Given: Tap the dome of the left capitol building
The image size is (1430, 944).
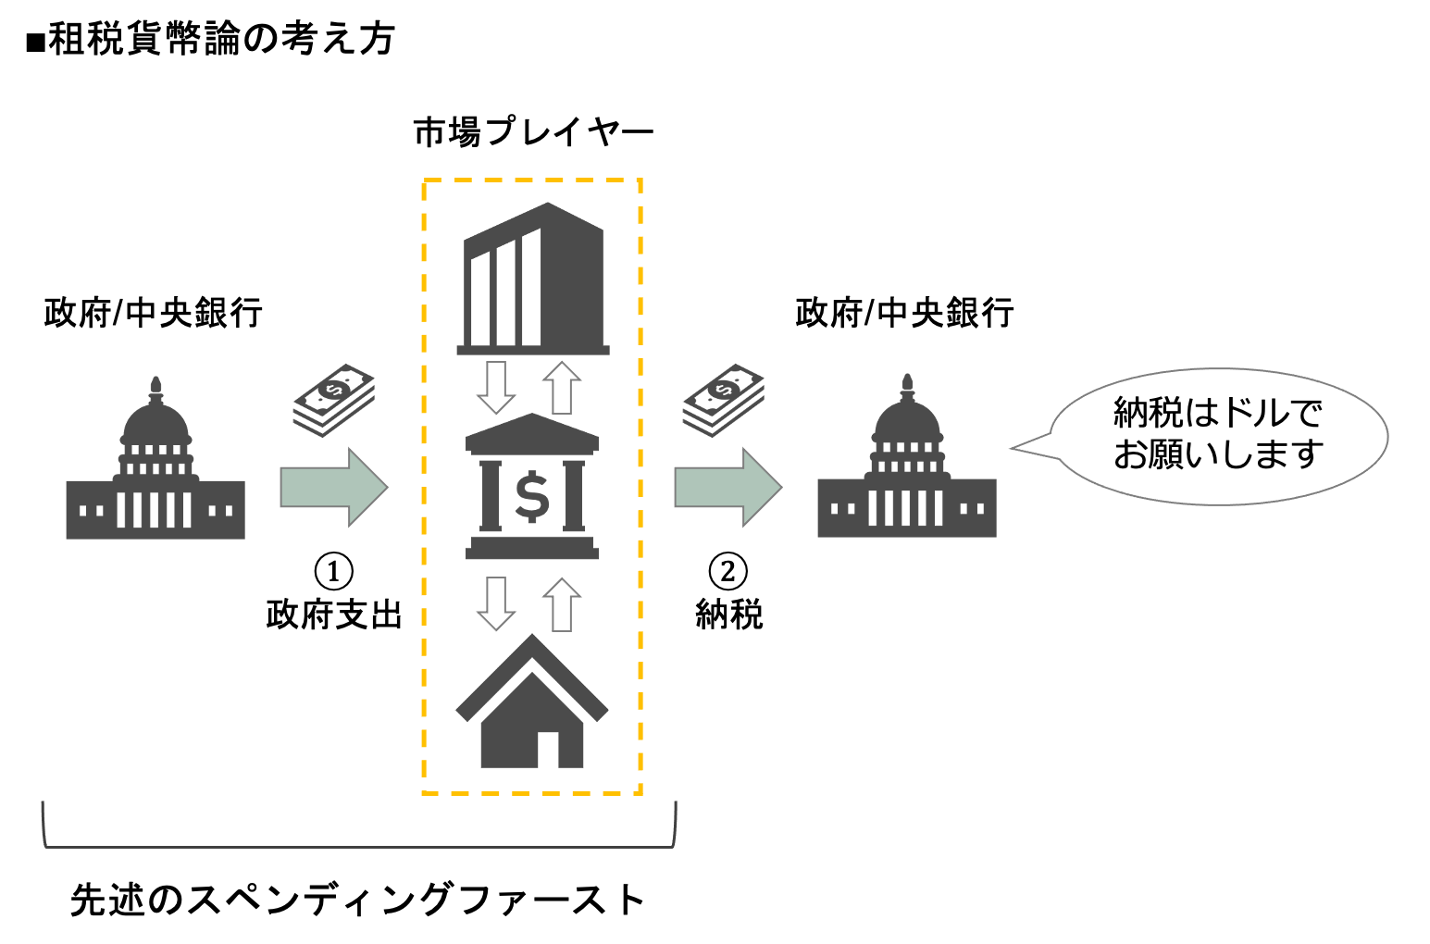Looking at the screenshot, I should coord(155,421).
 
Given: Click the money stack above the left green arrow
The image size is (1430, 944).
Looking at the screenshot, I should coord(334,400).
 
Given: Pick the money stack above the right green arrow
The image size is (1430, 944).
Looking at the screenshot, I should coord(724,400).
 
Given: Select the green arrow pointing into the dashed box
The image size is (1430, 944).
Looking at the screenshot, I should coord(333,487).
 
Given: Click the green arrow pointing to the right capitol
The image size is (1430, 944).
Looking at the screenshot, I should coord(727,487).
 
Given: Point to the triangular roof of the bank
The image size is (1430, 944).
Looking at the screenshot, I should coord(532,432).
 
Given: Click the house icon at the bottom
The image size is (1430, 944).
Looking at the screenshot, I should coord(532,708).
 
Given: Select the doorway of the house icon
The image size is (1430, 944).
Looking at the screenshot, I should coord(548,751).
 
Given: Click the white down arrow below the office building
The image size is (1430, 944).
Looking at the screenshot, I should coord(496,388).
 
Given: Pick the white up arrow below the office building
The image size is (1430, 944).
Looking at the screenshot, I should coord(561,388).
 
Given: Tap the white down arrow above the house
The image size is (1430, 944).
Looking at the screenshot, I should coord(496,604).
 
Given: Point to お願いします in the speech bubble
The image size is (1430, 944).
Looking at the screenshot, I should coord(1218,454).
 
